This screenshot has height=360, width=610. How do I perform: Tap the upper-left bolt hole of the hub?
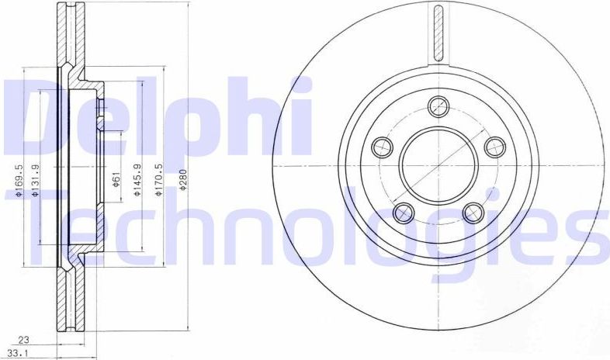[x=382, y=146]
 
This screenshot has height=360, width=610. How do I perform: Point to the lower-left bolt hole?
[x=404, y=212]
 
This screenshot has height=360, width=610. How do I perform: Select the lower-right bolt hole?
[x=473, y=212]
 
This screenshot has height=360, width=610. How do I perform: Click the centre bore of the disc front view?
[x=438, y=164]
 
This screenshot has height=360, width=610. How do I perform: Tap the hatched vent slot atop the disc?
[x=438, y=35]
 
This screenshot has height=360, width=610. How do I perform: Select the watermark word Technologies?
[x=310, y=225]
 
